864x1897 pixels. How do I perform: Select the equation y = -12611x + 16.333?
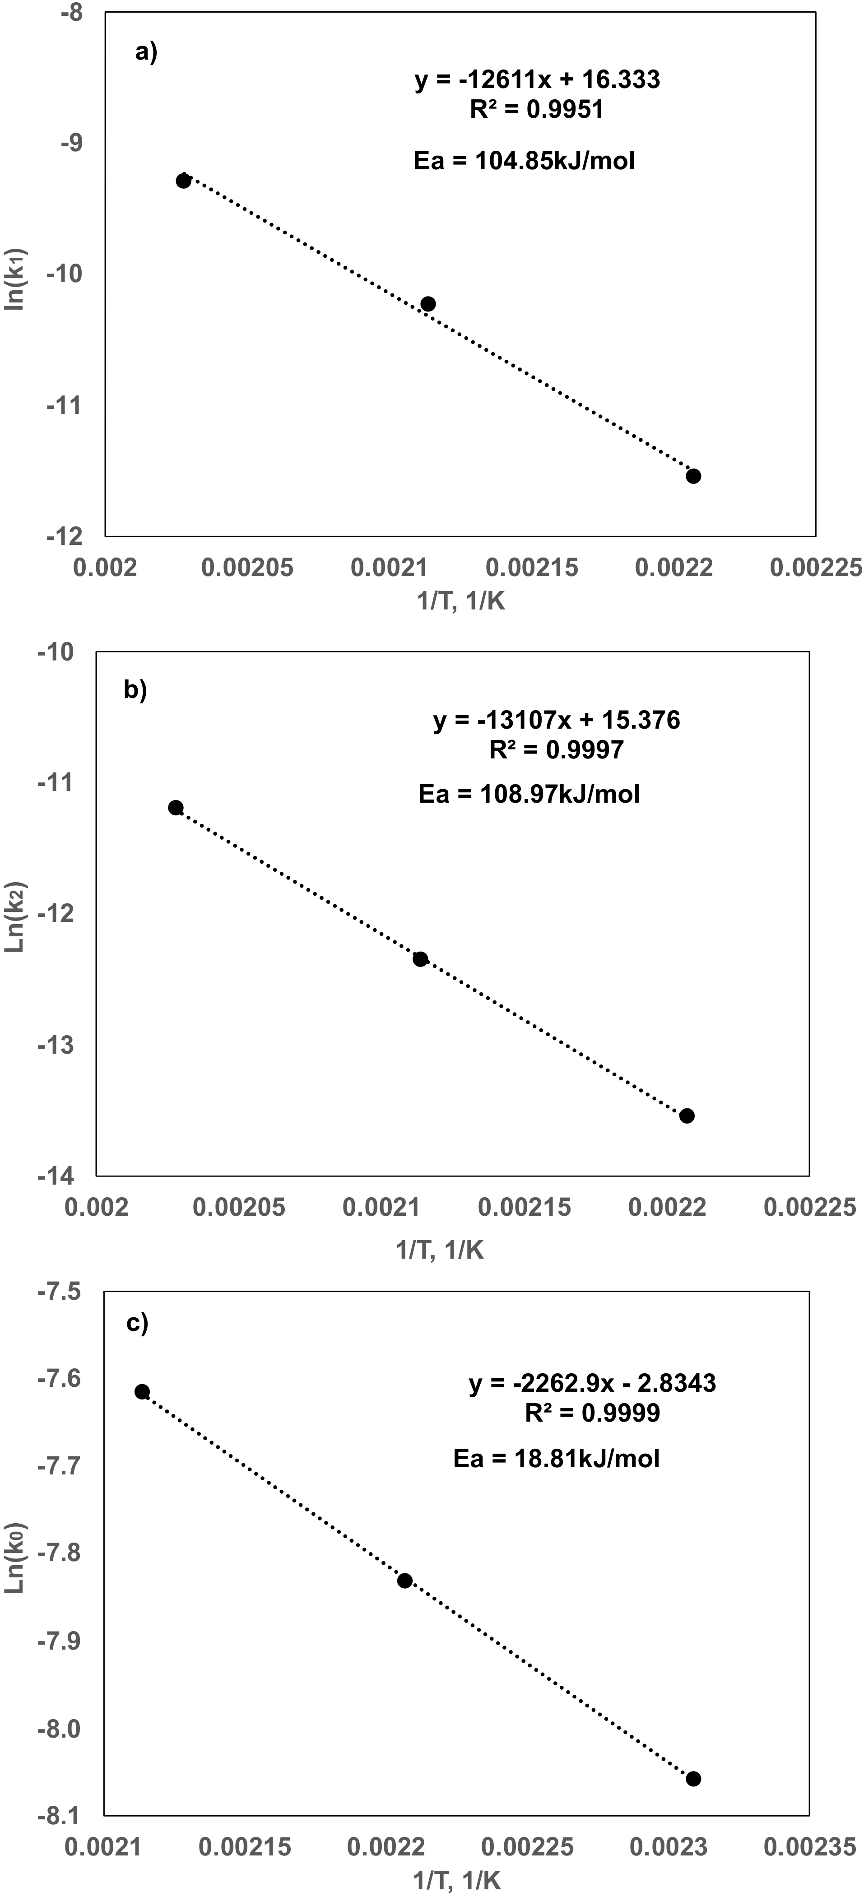pos(537,79)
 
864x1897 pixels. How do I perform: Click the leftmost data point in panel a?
pos(183,181)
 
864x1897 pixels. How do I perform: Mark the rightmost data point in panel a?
pos(693,476)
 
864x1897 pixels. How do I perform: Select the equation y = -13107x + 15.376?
pos(557,720)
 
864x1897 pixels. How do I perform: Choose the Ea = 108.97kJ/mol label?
pos(529,794)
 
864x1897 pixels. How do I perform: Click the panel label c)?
pos(138,1323)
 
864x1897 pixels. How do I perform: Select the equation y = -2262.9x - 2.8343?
pos(592,1383)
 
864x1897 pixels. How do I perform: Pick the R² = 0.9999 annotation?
pos(592,1413)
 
